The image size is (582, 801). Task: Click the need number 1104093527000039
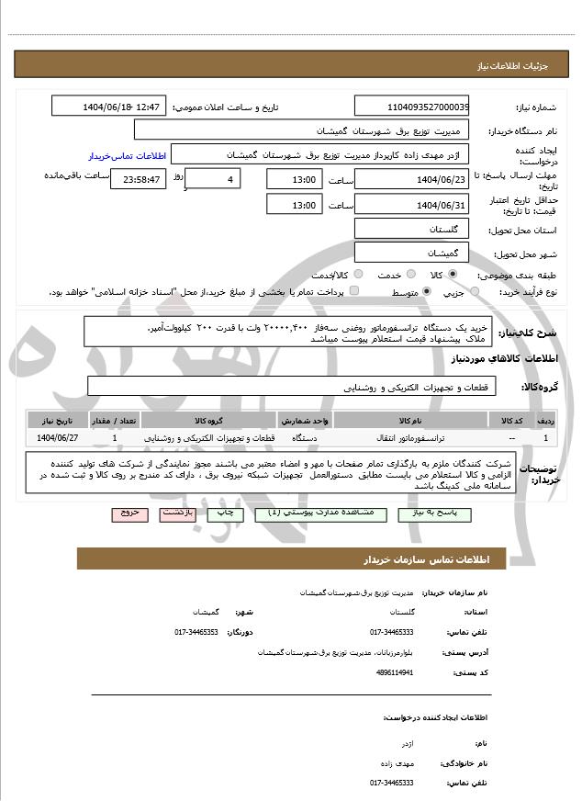coord(411,107)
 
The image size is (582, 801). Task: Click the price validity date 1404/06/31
coord(411,204)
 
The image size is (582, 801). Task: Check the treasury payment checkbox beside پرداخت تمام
coord(354,292)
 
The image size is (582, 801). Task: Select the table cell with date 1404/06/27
coord(59,437)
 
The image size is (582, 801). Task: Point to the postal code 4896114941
coord(395,672)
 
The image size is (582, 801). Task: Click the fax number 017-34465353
coord(196,632)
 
